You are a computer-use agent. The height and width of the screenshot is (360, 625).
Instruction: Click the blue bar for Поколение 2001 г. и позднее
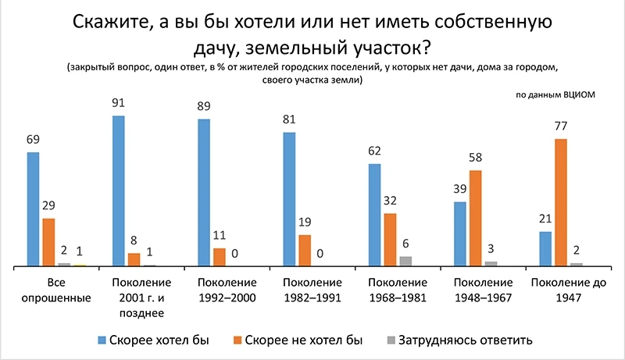click(x=119, y=191)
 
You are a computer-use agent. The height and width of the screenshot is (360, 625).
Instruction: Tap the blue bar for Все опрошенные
click(x=33, y=209)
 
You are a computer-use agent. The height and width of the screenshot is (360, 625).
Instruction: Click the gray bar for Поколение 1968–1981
click(x=405, y=262)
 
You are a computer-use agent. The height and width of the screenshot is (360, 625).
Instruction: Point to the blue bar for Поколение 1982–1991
click(x=290, y=200)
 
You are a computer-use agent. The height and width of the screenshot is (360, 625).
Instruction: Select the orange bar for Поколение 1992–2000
click(x=220, y=258)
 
